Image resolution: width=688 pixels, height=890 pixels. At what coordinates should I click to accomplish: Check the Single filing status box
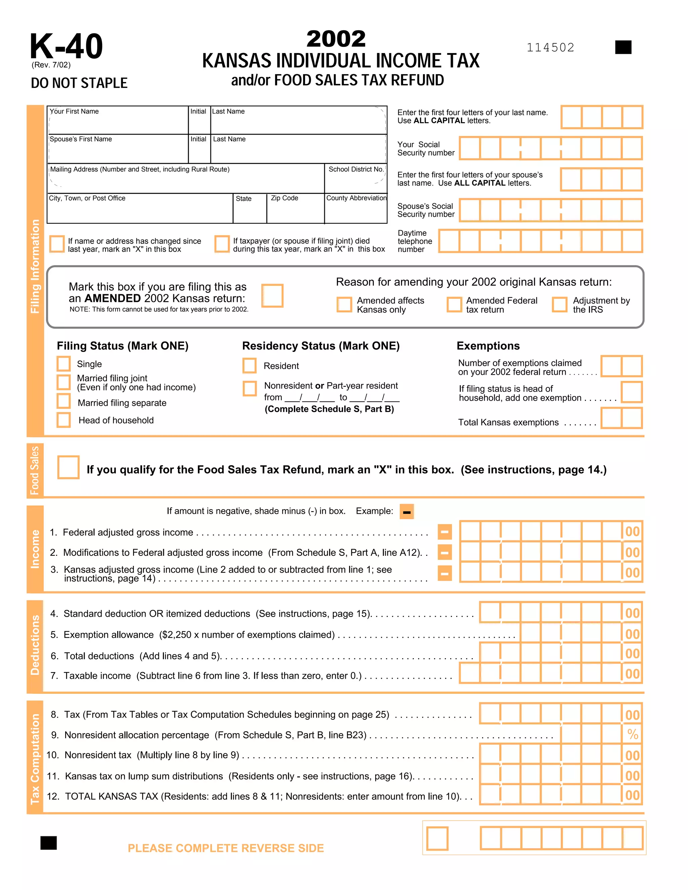pos(63,363)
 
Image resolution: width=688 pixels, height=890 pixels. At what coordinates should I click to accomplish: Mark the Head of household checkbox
pos(63,420)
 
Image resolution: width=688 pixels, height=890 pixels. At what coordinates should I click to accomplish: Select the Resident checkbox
pos(250,365)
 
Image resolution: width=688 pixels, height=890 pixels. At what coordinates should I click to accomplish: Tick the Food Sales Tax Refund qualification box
pos(68,467)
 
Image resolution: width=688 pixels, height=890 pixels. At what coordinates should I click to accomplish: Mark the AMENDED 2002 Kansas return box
pos(272,296)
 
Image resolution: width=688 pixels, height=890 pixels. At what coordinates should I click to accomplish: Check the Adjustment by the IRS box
pos(559,304)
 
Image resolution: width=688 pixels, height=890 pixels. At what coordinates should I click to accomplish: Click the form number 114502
pos(550,48)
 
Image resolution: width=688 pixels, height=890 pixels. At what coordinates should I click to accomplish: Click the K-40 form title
pos(66,46)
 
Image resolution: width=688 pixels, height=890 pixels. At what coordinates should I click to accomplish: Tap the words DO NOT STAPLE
pos(79,83)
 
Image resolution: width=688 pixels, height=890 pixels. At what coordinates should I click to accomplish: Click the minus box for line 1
pos(445,532)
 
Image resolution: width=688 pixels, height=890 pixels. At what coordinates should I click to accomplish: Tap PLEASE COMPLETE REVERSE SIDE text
pos(226,848)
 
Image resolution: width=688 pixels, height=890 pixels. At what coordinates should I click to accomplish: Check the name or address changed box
pos(57,244)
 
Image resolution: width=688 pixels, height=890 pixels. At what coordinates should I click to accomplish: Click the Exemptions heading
pos(488,346)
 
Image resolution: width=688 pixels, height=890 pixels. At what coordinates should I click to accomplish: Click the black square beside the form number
pos(623,47)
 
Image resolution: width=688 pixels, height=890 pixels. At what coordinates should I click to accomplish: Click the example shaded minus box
pos(406,512)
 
